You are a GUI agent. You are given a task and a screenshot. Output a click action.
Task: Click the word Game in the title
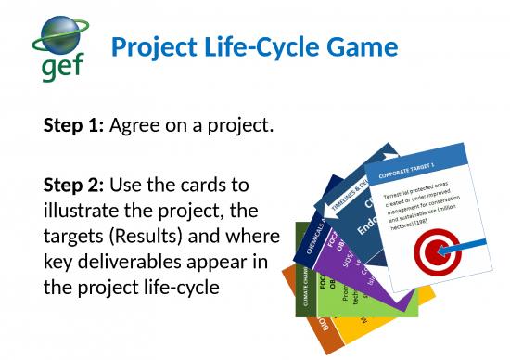[363, 46]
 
